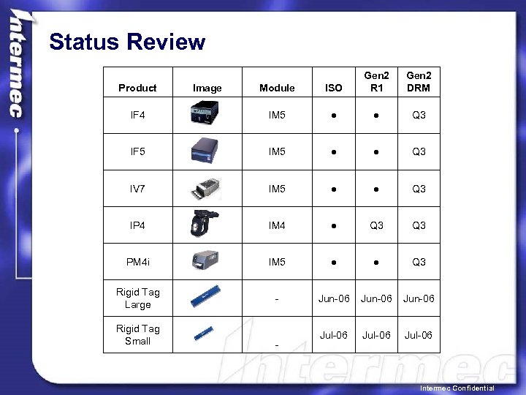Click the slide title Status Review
click(127, 42)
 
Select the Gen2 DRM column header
click(419, 81)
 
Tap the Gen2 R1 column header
click(376, 81)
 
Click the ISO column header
click(333, 88)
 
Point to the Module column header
click(277, 88)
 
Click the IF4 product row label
click(137, 116)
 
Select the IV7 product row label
click(137, 189)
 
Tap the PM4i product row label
click(137, 262)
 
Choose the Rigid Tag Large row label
click(137, 298)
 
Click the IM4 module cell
click(277, 225)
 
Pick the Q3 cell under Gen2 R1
click(376, 225)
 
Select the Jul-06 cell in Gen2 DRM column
click(419, 335)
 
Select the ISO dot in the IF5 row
click(334, 152)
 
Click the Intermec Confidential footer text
click(457, 388)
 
